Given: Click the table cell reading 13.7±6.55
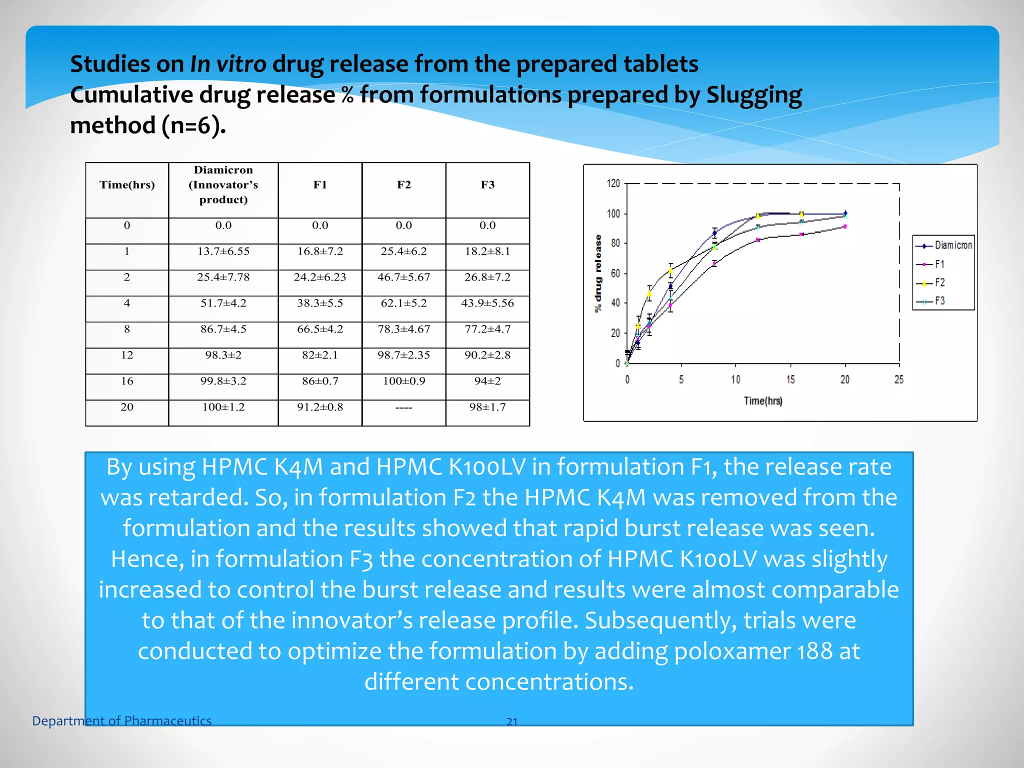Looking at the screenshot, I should (x=223, y=251).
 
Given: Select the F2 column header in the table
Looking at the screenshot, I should (x=403, y=185).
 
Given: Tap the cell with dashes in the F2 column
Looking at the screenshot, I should (x=403, y=408).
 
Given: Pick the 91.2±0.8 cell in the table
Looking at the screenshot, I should (x=320, y=407).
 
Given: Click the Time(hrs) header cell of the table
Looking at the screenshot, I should (x=127, y=185).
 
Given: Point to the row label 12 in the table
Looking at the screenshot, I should (x=127, y=355).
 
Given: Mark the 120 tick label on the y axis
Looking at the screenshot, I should (x=613, y=183).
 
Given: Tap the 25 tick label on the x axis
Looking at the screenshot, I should (x=899, y=380).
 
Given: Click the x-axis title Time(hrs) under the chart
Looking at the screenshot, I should (x=763, y=401).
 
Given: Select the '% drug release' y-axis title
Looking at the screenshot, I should (x=598, y=273).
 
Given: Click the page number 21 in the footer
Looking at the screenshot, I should (x=512, y=721).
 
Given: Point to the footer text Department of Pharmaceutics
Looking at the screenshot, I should (x=122, y=721).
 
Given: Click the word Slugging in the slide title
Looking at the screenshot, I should (x=754, y=95).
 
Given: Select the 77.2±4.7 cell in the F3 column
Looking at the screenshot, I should (x=487, y=329).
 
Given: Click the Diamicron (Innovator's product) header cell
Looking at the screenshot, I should (x=223, y=185).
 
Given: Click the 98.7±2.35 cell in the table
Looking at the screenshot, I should (x=403, y=355).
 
